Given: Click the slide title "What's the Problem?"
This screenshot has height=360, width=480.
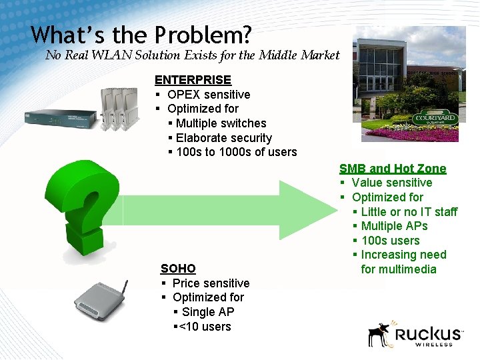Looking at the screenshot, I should coord(141,35).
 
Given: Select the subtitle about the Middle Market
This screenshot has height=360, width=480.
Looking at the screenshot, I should coord(192,55).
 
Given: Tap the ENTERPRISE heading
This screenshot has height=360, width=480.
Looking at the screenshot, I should coord(193,80).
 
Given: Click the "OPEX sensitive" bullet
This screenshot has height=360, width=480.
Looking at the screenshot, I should coord(208,95).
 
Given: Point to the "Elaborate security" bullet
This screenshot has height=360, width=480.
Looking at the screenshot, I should coord(223,138).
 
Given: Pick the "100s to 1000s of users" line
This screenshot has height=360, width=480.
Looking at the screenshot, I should coord(236,152).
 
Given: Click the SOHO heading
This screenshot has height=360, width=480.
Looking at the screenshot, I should coord(178,269).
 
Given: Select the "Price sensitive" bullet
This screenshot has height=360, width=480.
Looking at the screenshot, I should coord(210,283).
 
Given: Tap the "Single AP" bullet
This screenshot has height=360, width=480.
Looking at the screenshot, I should coord(207,312).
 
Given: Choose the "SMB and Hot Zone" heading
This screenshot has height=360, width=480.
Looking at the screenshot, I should coord(393,169).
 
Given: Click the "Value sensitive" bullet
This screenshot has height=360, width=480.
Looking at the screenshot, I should coord(391,183).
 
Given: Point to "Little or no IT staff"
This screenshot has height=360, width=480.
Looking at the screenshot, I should coord(409,212).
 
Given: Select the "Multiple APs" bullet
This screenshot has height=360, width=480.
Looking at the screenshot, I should coord(394,226).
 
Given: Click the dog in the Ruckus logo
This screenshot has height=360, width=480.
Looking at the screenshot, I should coord(380,333).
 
